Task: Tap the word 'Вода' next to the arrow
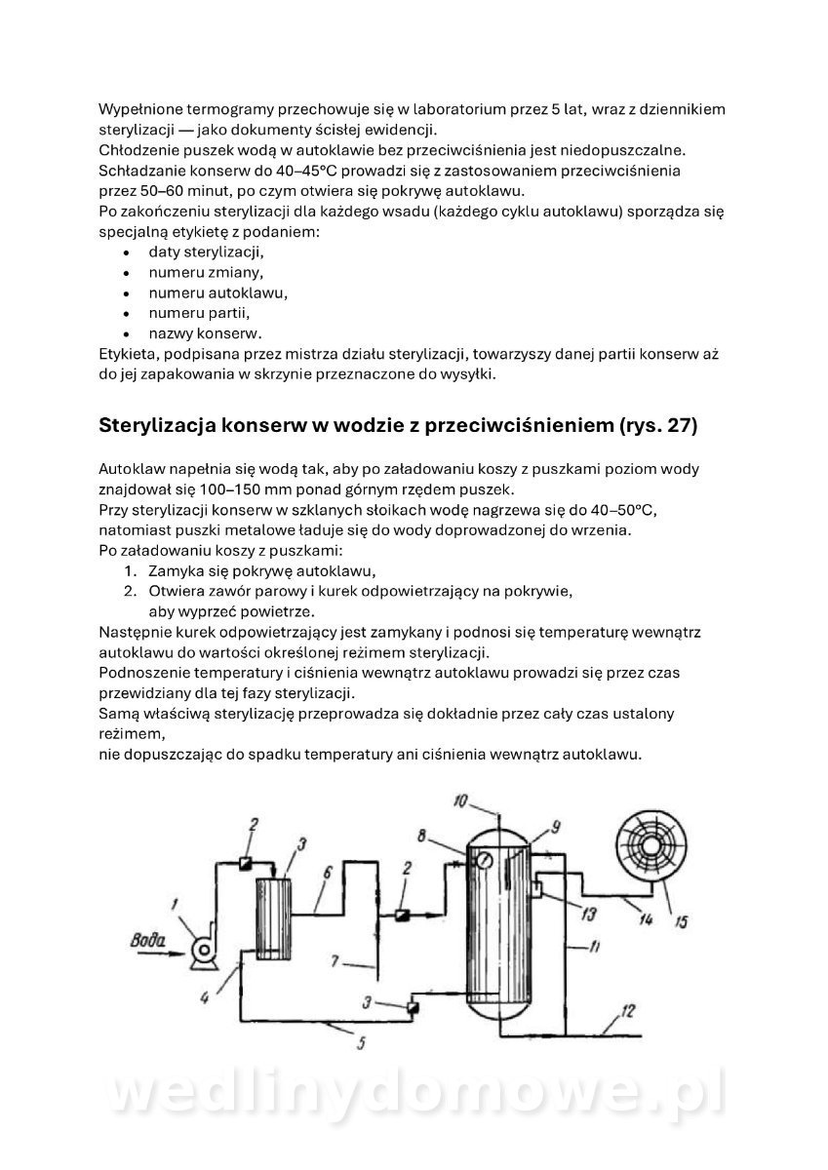click(x=148, y=941)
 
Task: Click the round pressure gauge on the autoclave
click(x=480, y=860)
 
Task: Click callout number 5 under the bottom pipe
click(x=361, y=1044)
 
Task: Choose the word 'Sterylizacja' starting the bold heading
click(x=159, y=426)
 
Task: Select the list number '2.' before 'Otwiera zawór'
click(x=130, y=591)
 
